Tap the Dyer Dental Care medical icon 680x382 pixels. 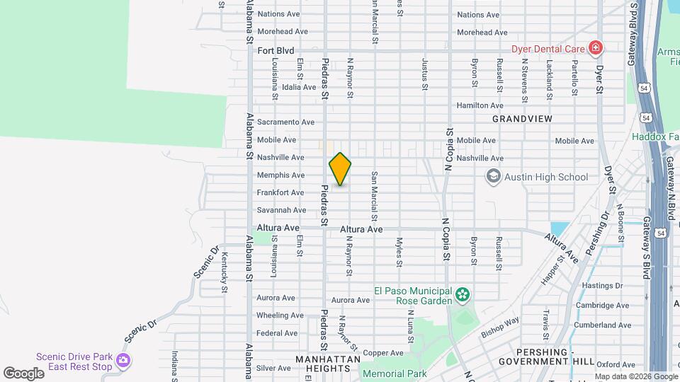[x=596, y=49]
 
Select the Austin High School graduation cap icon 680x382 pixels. [x=493, y=176]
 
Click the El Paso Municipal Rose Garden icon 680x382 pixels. [x=463, y=294]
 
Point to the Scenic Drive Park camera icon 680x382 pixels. [x=123, y=361]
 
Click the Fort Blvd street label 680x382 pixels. [x=276, y=50]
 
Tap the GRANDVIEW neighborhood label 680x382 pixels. [x=521, y=119]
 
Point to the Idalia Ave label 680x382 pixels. [x=299, y=87]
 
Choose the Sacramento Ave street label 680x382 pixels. [x=285, y=122]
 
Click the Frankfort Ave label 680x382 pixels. [x=280, y=192]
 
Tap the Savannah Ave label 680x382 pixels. [x=281, y=210]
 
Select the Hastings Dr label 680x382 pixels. [x=601, y=286]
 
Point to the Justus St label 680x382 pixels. [x=425, y=74]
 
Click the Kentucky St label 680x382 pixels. [x=224, y=272]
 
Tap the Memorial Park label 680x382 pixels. [x=394, y=373]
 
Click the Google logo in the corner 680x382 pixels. [x=23, y=374]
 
